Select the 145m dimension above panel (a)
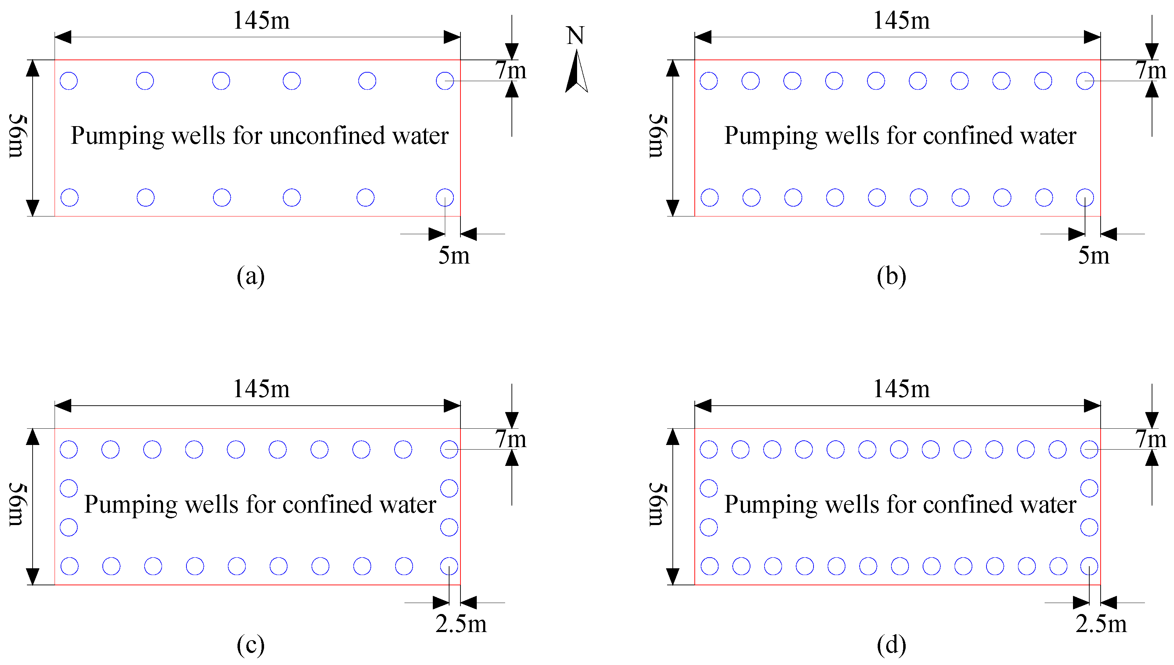tap(261, 21)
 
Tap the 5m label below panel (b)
tap(1094, 255)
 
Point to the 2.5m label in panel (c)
tap(461, 624)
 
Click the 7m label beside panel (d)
tap(1151, 439)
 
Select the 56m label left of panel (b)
tap(658, 136)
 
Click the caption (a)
tap(250, 276)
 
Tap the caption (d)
tap(891, 644)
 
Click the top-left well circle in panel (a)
tap(69, 81)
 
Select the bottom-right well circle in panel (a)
tap(445, 198)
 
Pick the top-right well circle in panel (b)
tap(1085, 81)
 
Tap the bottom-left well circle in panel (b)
tap(709, 198)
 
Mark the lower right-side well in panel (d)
tap(1089, 527)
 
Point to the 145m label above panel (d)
tap(901, 389)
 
